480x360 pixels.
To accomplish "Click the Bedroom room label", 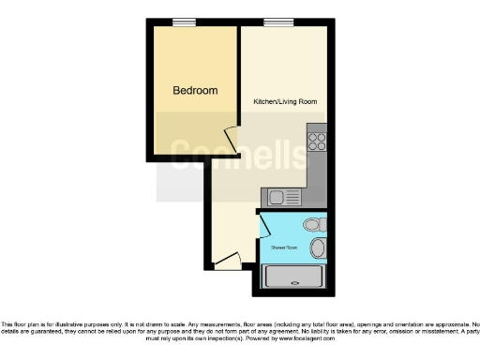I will point(195,91).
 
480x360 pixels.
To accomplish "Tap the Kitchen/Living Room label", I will point(283,100).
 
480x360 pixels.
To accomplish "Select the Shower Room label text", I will point(284,247).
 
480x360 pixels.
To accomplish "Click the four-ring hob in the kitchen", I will point(317,142).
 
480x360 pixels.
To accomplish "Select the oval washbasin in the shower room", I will point(318,247).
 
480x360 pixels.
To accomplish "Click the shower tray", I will point(294,278).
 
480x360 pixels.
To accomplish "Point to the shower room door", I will point(263,225).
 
